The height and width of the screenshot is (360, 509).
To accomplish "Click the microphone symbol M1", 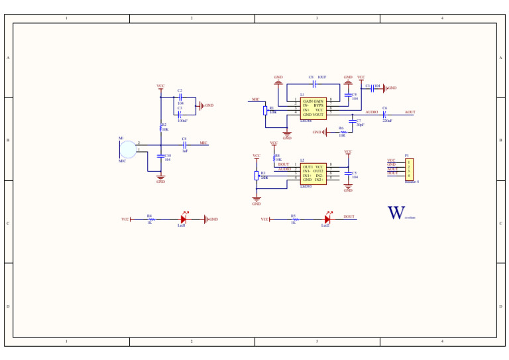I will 128,150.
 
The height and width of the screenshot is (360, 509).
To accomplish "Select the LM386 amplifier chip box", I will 313,108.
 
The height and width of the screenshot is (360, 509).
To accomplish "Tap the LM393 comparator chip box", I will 313,174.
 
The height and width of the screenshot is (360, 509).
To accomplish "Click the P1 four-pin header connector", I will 409,169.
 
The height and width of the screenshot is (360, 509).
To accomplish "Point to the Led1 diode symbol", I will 184,219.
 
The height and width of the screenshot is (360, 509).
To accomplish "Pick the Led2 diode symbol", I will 327,219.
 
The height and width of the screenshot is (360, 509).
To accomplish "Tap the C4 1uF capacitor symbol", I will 185,145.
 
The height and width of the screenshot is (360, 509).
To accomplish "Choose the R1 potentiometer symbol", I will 265,110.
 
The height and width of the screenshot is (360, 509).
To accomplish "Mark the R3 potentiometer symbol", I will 256,175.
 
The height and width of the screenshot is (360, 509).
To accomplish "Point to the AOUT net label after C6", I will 410,112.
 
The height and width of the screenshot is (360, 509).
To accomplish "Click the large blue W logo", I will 396,213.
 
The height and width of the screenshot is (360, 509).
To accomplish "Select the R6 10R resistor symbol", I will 343,132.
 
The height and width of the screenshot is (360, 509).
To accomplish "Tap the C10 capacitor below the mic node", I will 160,156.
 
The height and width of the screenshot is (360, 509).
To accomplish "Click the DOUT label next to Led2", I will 349,217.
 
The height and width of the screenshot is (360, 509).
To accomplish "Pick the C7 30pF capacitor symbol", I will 353,122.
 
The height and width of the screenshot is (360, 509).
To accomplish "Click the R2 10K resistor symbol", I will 160,126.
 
